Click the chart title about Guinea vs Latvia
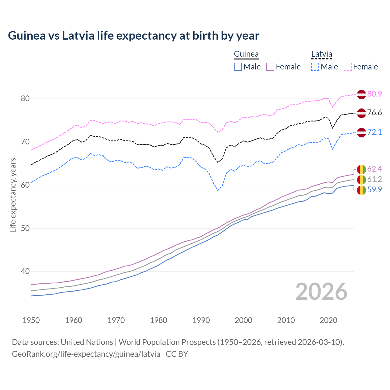click(x=133, y=36)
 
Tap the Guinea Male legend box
click(x=238, y=67)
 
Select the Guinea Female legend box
click(x=271, y=67)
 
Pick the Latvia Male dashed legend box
click(x=315, y=67)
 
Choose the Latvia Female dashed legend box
click(x=348, y=67)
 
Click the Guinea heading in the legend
click(x=246, y=54)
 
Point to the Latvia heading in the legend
click(x=321, y=54)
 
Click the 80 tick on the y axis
click(x=25, y=98)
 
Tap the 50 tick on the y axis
click(x=25, y=228)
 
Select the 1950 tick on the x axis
click(x=31, y=320)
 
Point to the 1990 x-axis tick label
click(x=201, y=320)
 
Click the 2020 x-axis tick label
click(x=328, y=320)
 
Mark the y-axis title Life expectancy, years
click(x=13, y=195)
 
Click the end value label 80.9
click(x=374, y=94)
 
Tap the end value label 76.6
click(x=374, y=113)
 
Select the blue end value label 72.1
click(x=374, y=132)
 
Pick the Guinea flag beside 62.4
click(x=361, y=169)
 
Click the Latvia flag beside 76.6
click(x=361, y=113)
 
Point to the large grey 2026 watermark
click(x=321, y=292)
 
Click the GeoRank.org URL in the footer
click(x=86, y=354)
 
